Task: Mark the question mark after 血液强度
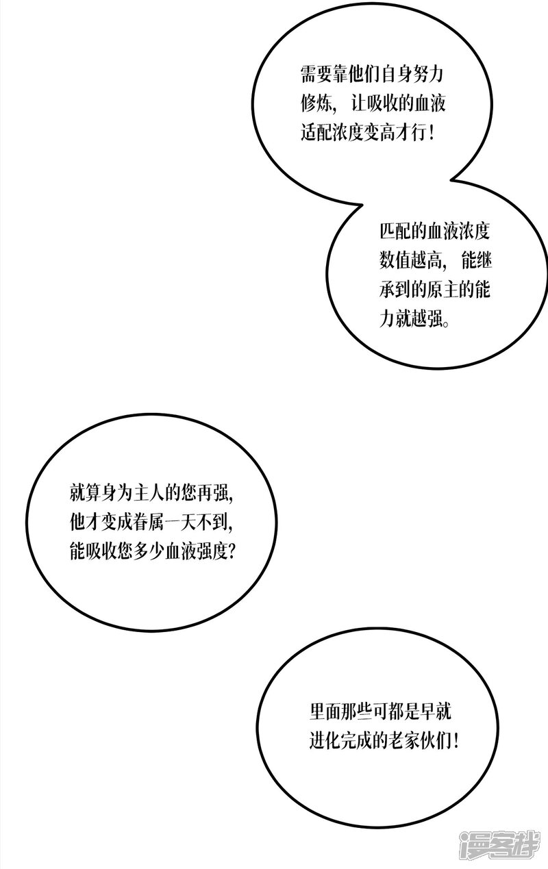[229, 551]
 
